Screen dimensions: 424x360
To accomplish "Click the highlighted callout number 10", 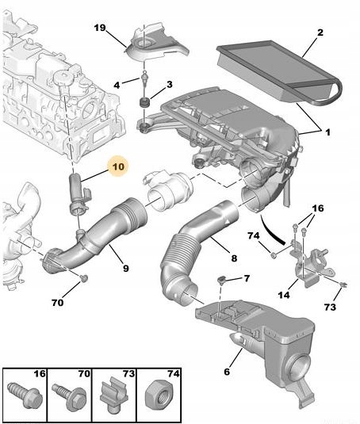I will (x=118, y=167).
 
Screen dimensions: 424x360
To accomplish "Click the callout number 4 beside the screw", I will (x=117, y=85).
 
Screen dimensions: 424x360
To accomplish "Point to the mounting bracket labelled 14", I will (x=304, y=266).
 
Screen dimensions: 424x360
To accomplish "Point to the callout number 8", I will (x=233, y=258).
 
